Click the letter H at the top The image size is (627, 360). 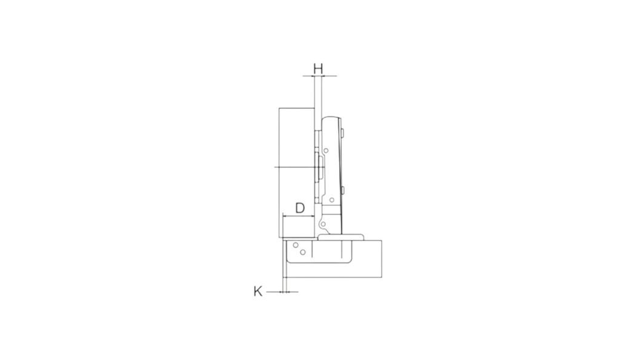(318, 68)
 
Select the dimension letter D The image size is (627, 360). (300, 208)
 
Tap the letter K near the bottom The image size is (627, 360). (258, 291)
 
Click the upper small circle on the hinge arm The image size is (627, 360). (327, 151)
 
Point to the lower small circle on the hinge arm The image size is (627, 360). (331, 199)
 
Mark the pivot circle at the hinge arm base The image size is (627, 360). (323, 224)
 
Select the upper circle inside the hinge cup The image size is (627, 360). (296, 245)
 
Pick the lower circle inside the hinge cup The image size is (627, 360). (303, 252)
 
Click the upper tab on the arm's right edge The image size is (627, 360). (343, 132)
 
